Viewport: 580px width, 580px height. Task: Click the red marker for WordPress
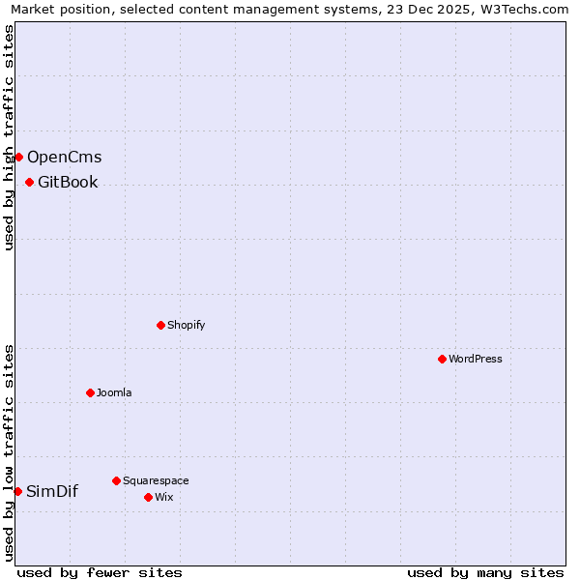tap(442, 359)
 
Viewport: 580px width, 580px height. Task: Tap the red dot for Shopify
tap(160, 325)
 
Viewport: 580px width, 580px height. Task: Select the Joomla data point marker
tap(90, 392)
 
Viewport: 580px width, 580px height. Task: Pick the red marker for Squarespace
tap(116, 480)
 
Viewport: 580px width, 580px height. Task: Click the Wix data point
tap(148, 497)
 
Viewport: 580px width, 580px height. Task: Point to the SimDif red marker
tap(17, 491)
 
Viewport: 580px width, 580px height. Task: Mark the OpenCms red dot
tap(18, 157)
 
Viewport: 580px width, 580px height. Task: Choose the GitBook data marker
tap(29, 182)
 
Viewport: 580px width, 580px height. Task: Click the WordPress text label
tap(476, 359)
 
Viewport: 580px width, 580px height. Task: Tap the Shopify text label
tap(187, 325)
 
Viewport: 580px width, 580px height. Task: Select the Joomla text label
tap(114, 392)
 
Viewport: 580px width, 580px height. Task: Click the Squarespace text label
tap(156, 480)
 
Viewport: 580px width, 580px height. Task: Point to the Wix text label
tap(164, 497)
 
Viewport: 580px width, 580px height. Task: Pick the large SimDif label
tap(52, 491)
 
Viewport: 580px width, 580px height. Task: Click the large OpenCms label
tap(64, 157)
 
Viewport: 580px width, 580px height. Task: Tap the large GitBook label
tap(68, 182)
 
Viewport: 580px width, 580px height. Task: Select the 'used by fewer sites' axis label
tap(100, 572)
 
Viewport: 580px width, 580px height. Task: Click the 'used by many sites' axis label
tap(485, 572)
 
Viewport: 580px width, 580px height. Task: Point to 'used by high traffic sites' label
tap(10, 137)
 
